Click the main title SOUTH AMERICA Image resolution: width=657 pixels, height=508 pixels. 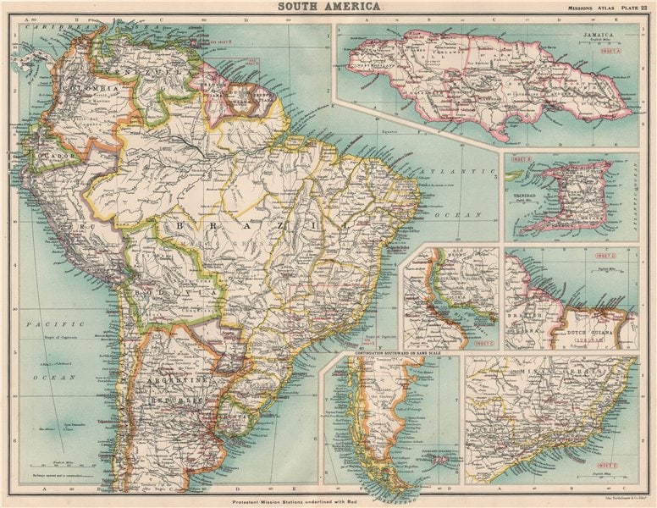coord(328,7)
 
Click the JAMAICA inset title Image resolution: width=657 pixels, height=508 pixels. coord(598,36)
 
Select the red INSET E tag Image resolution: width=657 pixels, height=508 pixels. coord(606,465)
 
